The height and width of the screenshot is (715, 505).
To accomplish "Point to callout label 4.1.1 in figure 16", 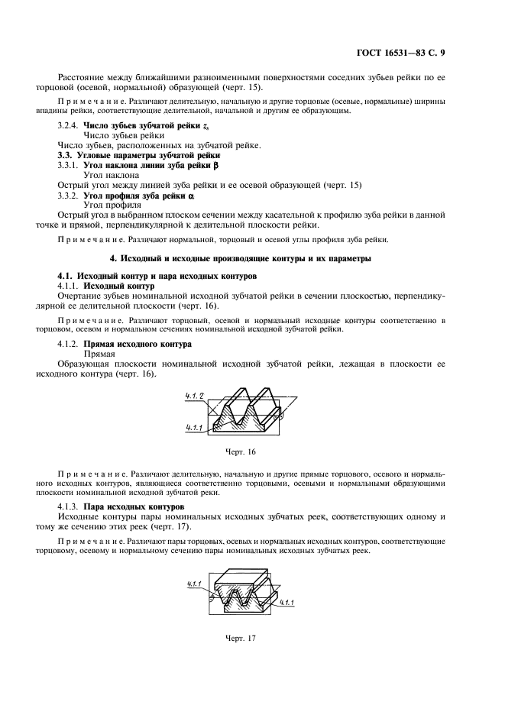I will click(194, 428).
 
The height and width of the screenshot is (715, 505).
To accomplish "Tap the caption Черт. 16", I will click(241, 453).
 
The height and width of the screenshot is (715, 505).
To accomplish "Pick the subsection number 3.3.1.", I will click(69, 165).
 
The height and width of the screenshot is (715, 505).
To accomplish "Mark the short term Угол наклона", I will click(111, 175).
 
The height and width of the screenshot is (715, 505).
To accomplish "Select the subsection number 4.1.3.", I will click(69, 506).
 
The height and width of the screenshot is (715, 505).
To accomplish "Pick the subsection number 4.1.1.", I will click(69, 285).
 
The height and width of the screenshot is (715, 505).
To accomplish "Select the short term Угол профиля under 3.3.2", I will click(112, 205).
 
